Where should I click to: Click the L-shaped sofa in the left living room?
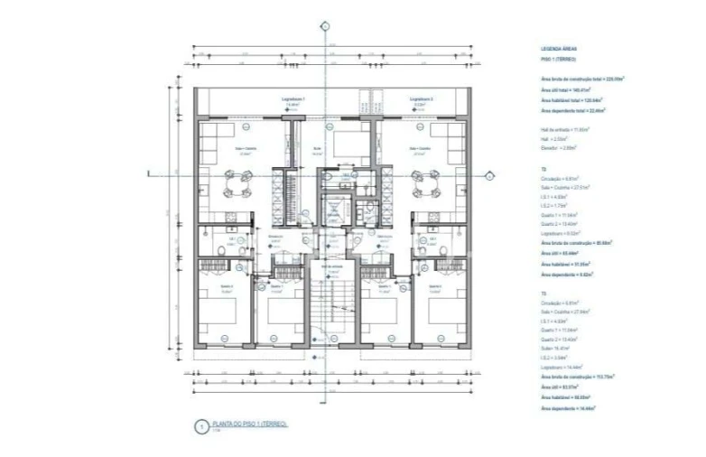click(x=209, y=145)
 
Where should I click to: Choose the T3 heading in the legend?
click(x=543, y=294)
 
